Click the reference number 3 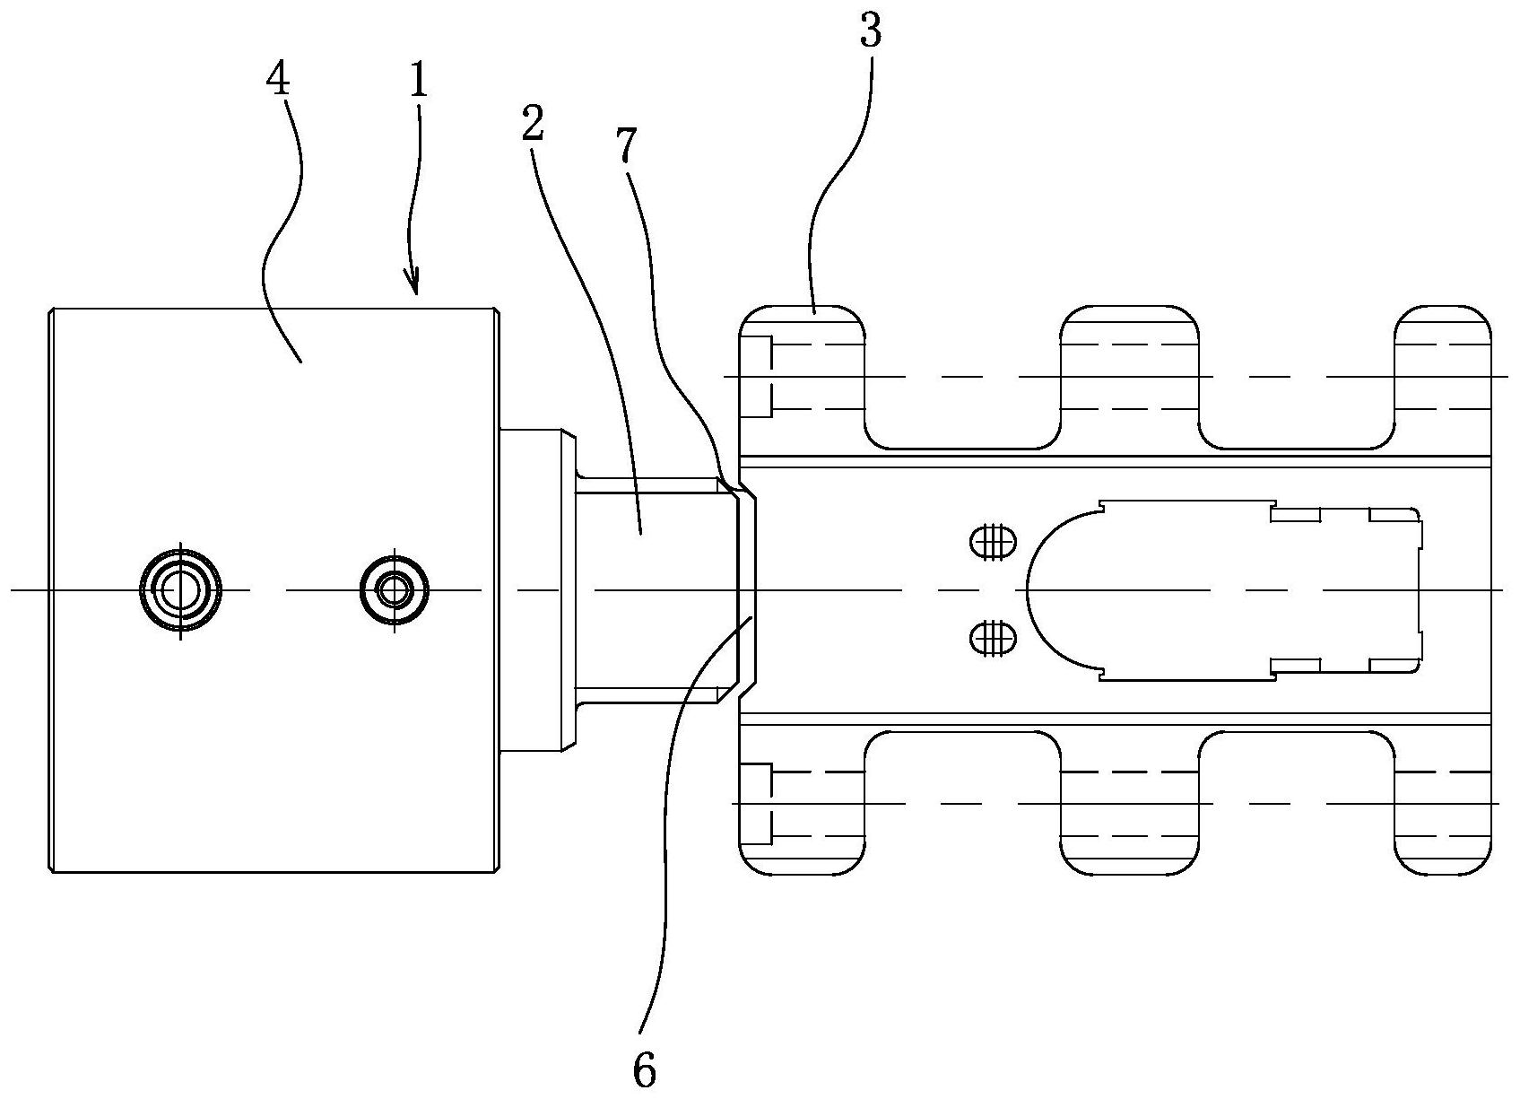click(870, 33)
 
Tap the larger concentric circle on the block click(182, 590)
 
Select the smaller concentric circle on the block click(394, 590)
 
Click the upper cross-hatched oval click(993, 542)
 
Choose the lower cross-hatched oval click(993, 639)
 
